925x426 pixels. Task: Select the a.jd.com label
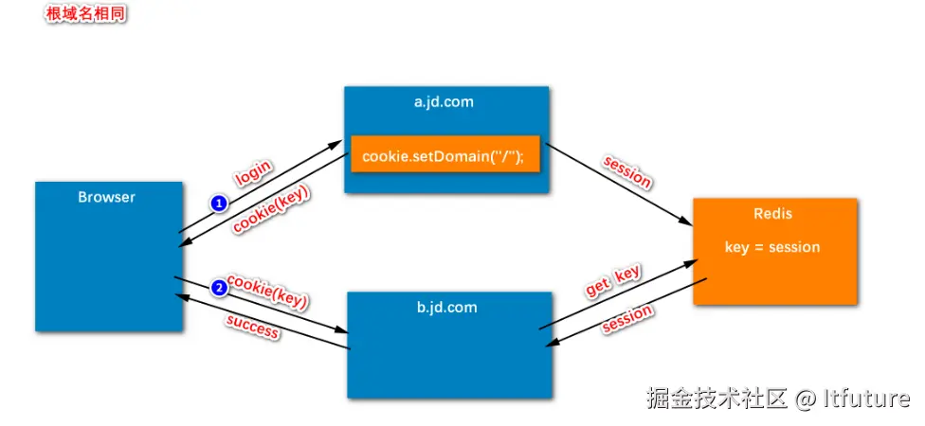point(444,102)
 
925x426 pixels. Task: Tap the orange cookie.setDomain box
point(444,155)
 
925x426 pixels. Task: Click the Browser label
point(106,197)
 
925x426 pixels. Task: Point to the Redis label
point(772,214)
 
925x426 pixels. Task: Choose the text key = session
point(772,247)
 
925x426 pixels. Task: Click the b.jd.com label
point(446,307)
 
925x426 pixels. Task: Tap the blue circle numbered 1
point(219,203)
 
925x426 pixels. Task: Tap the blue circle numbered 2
point(219,288)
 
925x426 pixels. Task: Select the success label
point(253,326)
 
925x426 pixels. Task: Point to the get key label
point(613,281)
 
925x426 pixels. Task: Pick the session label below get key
point(627,319)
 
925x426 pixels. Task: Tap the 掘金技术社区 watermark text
point(717,399)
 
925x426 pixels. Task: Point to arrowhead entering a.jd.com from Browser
point(336,145)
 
